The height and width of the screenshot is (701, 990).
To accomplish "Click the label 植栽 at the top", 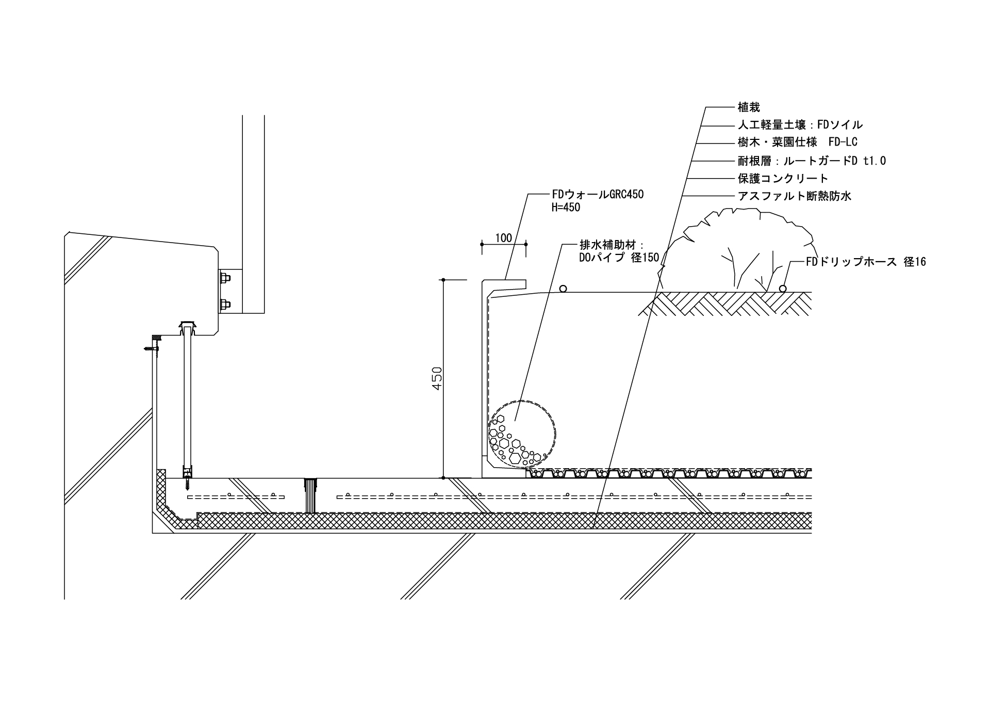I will pyautogui.click(x=749, y=107).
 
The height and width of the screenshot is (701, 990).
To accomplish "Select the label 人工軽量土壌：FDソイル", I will pyautogui.click(x=800, y=125).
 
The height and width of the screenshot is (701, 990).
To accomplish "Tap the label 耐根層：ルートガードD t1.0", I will pyautogui.click(x=812, y=161).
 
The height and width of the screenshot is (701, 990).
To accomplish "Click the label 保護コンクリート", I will pyautogui.click(x=783, y=179).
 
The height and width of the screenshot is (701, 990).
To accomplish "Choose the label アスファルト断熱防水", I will pyautogui.click(x=794, y=196).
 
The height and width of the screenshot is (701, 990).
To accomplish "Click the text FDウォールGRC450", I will pyautogui.click(x=598, y=195).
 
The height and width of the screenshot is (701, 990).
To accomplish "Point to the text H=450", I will pyautogui.click(x=566, y=208).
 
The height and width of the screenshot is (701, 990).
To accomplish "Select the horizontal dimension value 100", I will pyautogui.click(x=503, y=238).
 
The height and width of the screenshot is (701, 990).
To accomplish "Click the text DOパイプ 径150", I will pyautogui.click(x=619, y=258).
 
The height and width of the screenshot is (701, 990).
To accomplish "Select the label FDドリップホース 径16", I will pyautogui.click(x=866, y=262).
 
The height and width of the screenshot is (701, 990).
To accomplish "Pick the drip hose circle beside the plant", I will pyautogui.click(x=782, y=289).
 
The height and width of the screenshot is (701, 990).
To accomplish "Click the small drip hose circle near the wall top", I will pyautogui.click(x=564, y=289).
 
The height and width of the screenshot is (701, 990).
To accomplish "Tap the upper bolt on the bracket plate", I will pyautogui.click(x=225, y=280).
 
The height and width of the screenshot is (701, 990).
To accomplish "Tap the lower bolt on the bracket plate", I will pyautogui.click(x=225, y=304).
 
